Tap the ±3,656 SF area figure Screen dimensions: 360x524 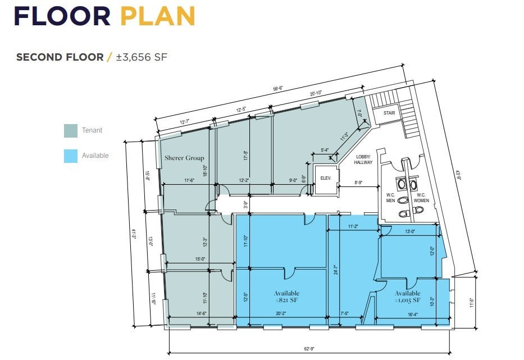coord(142,57)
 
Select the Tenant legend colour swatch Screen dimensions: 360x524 coord(70,131)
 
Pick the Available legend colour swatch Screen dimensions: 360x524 coord(70,156)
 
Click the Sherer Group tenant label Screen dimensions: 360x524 coord(184,158)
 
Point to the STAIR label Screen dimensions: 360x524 coord(390,113)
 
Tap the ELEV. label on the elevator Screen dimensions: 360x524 coord(326,179)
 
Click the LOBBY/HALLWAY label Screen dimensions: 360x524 coord(363,159)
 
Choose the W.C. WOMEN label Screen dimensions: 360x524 coord(422,197)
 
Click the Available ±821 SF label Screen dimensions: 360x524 coord(286,297)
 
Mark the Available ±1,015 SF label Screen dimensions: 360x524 coord(407,297)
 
